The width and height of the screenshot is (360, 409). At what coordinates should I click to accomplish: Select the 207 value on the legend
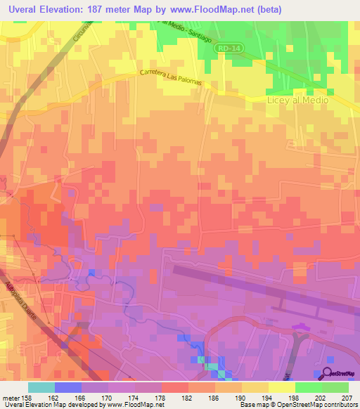click(x=346, y=397)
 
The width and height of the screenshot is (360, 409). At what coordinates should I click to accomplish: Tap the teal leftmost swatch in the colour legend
click(x=41, y=387)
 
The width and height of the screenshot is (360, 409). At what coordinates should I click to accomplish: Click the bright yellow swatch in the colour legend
click(x=281, y=387)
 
